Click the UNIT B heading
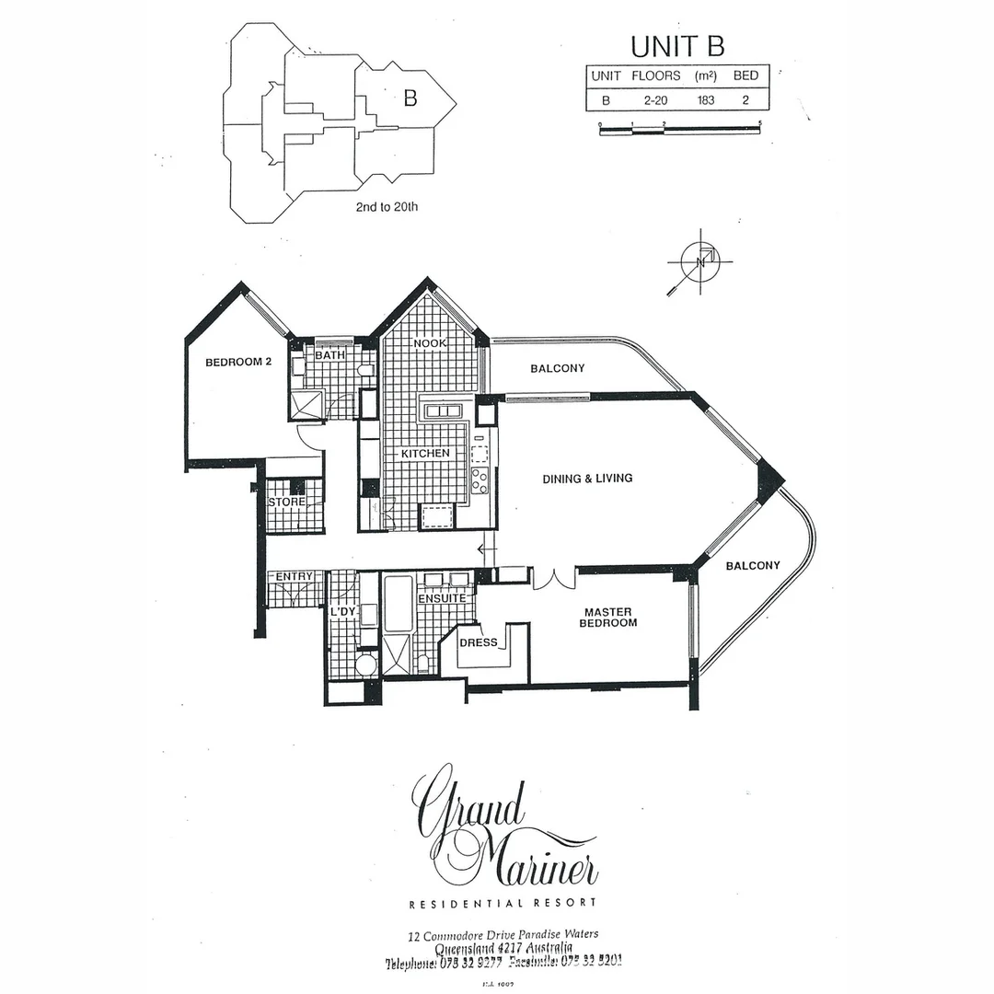(676, 46)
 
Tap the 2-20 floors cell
(656, 99)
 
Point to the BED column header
(745, 75)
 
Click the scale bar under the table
(679, 131)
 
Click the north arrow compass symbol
(700, 262)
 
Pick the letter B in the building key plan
(410, 98)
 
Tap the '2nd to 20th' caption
(387, 207)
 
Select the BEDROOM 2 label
(238, 363)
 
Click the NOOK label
(430, 343)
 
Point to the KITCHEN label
(424, 454)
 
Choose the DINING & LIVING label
(587, 479)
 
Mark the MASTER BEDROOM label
(607, 618)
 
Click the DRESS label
(479, 642)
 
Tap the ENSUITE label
(442, 598)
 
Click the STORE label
(286, 503)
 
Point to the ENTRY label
(295, 576)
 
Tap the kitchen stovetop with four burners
(480, 480)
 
